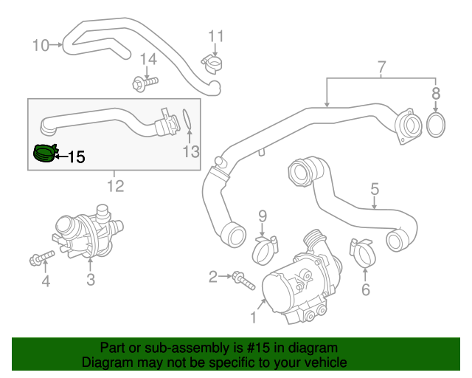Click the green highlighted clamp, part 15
coord(45,153)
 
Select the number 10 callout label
coord(40,46)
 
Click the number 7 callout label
coord(381,68)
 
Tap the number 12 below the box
coord(115,185)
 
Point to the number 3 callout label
coord(90,279)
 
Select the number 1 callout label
coord(254,319)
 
